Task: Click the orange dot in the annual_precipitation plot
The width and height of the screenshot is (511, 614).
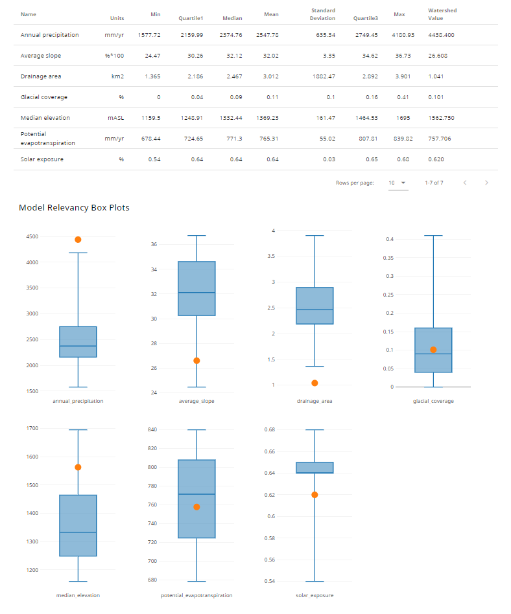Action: tap(78, 240)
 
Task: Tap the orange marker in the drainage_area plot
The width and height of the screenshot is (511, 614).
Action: tap(315, 383)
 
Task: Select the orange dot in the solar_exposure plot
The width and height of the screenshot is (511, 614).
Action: tap(315, 495)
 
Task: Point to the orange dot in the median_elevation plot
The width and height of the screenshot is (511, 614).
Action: tap(78, 467)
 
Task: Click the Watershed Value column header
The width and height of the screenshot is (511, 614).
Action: tap(442, 14)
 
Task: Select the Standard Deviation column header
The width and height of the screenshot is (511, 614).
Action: tap(323, 14)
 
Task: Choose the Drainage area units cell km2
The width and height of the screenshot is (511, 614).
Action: tap(117, 76)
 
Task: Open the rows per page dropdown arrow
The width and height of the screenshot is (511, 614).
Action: tap(403, 183)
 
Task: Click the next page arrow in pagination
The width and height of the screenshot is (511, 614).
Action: tap(486, 183)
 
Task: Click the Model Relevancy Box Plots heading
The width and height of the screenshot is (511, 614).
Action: tap(74, 208)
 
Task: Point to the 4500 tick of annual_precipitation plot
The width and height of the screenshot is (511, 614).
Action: tap(32, 236)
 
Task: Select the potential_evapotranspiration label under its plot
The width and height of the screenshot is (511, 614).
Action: tap(196, 595)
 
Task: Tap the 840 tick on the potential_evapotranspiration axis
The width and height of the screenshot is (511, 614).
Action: tap(152, 429)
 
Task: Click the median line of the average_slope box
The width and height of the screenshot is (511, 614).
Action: tap(196, 293)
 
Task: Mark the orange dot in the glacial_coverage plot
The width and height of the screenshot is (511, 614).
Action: tap(433, 350)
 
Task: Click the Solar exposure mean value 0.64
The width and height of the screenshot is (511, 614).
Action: tap(272, 159)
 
